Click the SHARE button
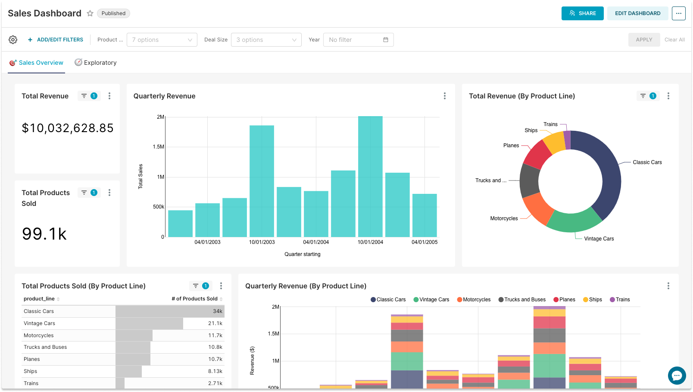click(x=582, y=13)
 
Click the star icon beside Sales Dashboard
click(x=90, y=13)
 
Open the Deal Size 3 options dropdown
click(x=266, y=40)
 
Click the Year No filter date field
click(x=358, y=40)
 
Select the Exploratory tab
click(x=96, y=63)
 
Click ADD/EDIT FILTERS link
click(x=56, y=40)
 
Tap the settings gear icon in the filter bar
click(x=13, y=40)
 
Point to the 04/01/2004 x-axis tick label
click(x=316, y=242)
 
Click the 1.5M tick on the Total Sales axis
click(x=159, y=147)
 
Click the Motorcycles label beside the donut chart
click(x=504, y=218)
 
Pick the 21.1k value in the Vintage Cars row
click(x=215, y=323)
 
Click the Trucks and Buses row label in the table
click(x=45, y=347)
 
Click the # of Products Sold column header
click(x=194, y=299)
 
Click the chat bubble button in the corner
click(x=677, y=375)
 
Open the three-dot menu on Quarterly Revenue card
click(x=445, y=96)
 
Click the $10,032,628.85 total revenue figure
click(x=68, y=128)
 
